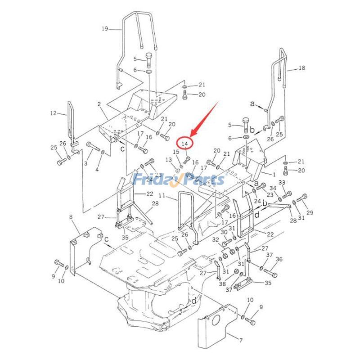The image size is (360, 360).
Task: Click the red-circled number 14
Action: pyautogui.click(x=184, y=143)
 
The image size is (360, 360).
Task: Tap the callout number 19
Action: pyautogui.click(x=104, y=29)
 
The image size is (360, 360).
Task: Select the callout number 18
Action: pyautogui.click(x=301, y=68)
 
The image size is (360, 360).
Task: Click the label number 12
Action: pyautogui.click(x=53, y=113)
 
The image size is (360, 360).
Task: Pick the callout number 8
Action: pyautogui.click(x=71, y=218)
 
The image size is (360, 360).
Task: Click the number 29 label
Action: pyautogui.click(x=310, y=212)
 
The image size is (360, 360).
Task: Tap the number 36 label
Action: pyautogui.click(x=279, y=259)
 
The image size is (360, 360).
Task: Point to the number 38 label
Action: pyautogui.click(x=222, y=284)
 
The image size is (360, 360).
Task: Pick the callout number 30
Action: pyautogui.click(x=224, y=232)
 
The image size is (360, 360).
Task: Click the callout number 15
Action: pyautogui.click(x=176, y=152)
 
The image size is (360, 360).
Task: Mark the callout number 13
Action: pyautogui.click(x=168, y=160)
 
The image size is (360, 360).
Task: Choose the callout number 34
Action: pyautogui.click(x=273, y=188)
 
